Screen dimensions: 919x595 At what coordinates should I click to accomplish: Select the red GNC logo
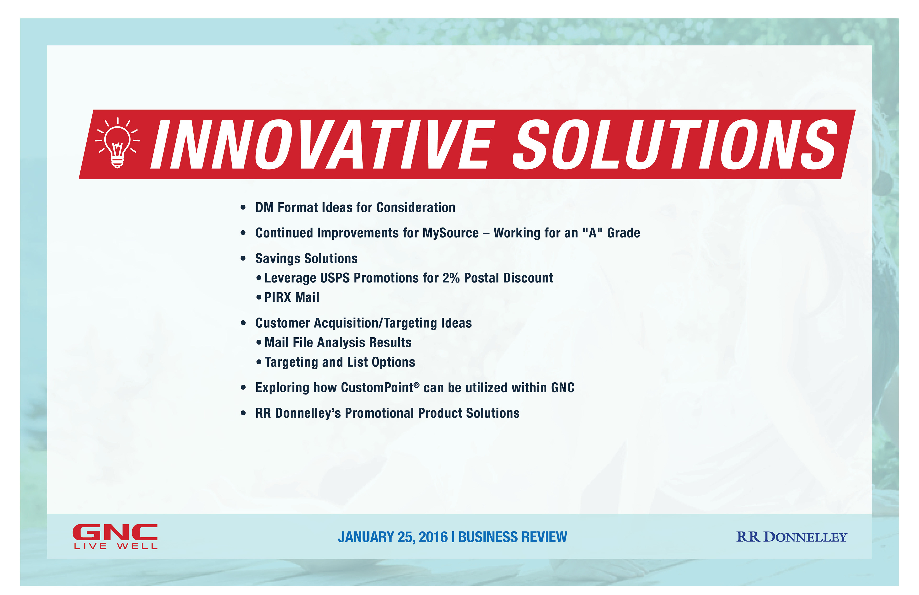coord(115,533)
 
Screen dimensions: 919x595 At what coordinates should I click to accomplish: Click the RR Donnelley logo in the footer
coord(792,537)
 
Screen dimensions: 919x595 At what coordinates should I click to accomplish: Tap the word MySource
coord(451,233)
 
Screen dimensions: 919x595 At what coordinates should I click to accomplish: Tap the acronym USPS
coord(335,278)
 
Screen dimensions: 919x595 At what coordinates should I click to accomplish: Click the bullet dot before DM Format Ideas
coord(243,208)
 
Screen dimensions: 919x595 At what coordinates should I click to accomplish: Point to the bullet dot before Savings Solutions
coord(243,259)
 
